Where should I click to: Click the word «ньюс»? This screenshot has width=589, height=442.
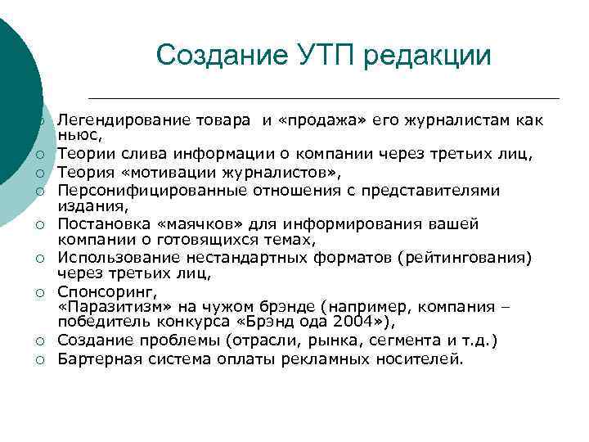[x=79, y=134]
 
